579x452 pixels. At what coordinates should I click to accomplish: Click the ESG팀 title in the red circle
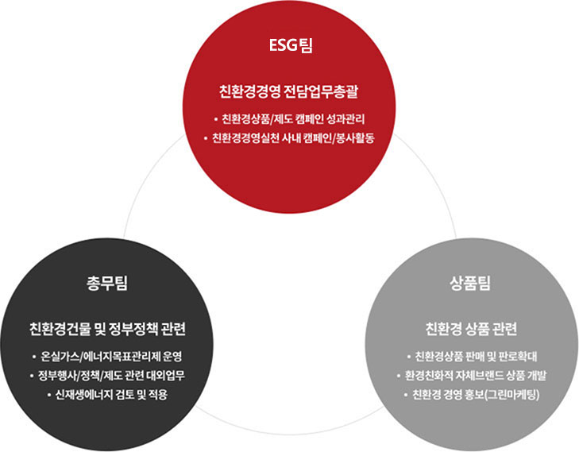tap(291, 46)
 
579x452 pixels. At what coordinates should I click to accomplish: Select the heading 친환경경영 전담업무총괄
tap(289, 91)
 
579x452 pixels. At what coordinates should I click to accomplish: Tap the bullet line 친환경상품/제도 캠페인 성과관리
tap(293, 119)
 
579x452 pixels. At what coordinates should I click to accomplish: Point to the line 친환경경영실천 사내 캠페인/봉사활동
tap(294, 138)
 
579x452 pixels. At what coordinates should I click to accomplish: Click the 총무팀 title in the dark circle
tap(107, 284)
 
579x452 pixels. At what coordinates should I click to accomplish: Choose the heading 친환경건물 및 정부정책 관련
tap(107, 329)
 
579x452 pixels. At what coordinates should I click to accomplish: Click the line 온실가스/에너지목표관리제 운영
tap(111, 357)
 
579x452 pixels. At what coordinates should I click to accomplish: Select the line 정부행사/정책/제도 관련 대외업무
tap(111, 376)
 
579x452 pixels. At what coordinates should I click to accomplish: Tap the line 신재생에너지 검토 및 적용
tap(111, 395)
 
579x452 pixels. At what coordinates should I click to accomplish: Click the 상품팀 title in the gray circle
tap(470, 284)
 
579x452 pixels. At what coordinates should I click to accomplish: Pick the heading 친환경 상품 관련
tap(471, 329)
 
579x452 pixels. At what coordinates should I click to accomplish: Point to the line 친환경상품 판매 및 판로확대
tap(476, 357)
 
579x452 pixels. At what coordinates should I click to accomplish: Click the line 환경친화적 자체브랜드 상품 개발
tap(475, 376)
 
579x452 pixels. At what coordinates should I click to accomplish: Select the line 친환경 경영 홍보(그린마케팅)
tap(476, 395)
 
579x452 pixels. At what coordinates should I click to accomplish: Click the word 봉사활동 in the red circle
tap(355, 138)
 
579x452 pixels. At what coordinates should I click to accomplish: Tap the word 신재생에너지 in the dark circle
tap(84, 395)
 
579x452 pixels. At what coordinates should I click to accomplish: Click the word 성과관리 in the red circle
tap(346, 119)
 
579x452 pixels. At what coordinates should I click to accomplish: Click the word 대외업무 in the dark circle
tap(166, 376)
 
